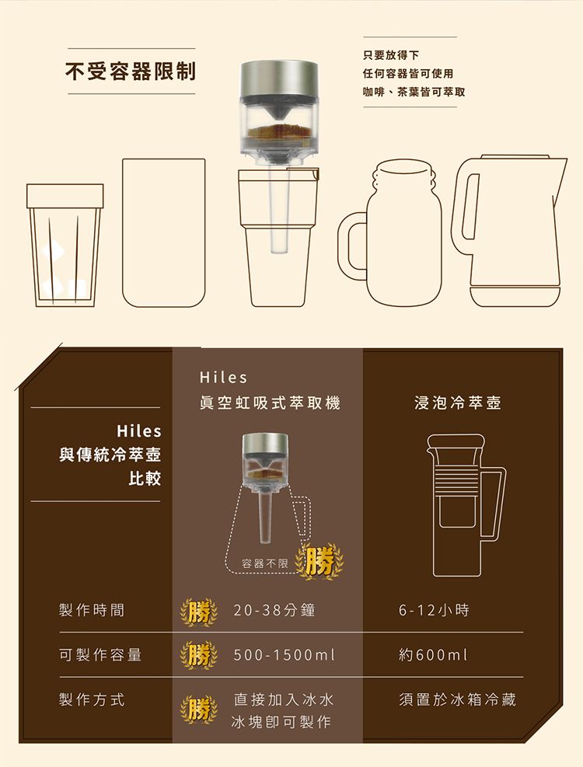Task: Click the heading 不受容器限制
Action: point(131,71)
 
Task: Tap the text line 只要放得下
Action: point(391,55)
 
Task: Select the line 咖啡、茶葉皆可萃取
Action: point(414,92)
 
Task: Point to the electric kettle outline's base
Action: point(515,296)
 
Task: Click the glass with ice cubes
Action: point(65,245)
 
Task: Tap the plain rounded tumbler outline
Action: point(163,232)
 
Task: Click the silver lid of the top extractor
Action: point(278,79)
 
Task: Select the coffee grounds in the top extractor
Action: point(278,131)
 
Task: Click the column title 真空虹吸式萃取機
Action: point(270,403)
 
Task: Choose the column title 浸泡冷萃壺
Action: point(458,403)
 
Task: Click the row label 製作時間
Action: point(92,610)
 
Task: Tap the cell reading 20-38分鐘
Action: point(274,610)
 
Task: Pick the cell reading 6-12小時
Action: point(434,610)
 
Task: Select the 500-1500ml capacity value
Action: point(284,654)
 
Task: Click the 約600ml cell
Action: point(433,654)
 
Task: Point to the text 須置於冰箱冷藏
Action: point(457,699)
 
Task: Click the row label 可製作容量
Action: point(99,654)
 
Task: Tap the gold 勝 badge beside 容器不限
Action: point(319,561)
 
